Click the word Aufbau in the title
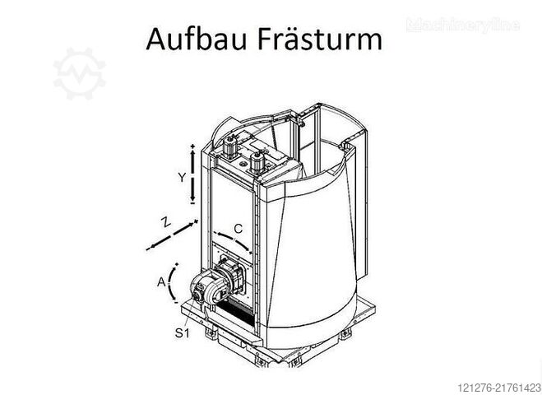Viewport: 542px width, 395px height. (196, 39)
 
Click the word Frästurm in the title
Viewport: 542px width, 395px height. (320, 39)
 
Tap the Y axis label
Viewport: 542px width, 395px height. (182, 178)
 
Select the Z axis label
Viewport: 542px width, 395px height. (166, 222)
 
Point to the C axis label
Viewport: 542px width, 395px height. (239, 229)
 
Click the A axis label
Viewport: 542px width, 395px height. (161, 282)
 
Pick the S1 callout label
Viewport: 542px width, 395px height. (182, 333)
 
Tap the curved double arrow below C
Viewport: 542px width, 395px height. (234, 239)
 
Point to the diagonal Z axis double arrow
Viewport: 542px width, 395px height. (172, 235)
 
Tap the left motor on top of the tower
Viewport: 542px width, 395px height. (229, 147)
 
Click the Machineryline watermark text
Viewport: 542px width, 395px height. (463, 26)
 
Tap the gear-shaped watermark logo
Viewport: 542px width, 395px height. (80, 74)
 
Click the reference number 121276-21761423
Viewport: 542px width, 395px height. (499, 388)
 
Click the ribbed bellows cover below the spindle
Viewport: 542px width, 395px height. (238, 313)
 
